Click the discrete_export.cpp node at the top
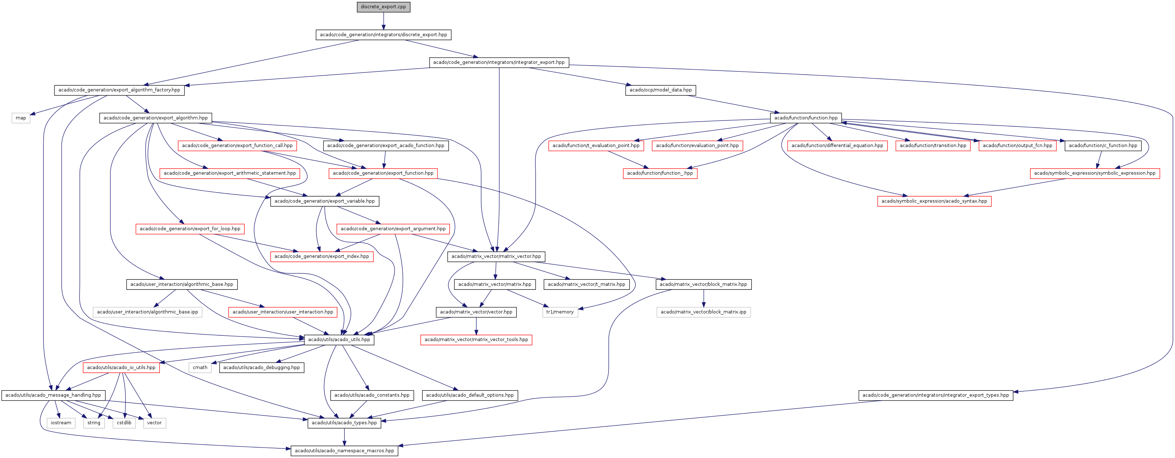point(383,7)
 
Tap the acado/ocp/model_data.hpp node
point(660,90)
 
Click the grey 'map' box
point(21,118)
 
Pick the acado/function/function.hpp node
point(806,118)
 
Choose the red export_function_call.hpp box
point(237,146)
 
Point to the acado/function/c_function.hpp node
point(1103,146)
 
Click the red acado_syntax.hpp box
point(934,201)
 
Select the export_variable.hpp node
point(324,201)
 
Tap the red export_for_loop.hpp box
point(190,229)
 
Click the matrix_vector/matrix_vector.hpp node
point(496,257)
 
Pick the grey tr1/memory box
point(560,312)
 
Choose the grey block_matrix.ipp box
point(703,312)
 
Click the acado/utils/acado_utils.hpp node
point(339,340)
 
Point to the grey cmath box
point(200,368)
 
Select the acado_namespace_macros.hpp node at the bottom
point(344,451)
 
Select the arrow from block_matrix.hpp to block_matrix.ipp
point(703,298)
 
